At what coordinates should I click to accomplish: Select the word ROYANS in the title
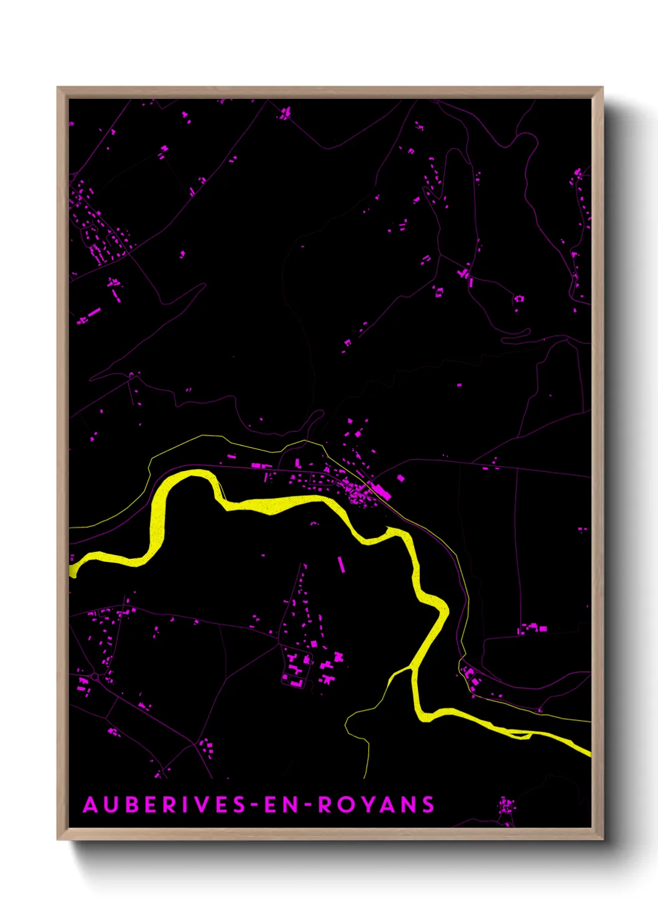tap(376, 805)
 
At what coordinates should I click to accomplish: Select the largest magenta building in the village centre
tap(381, 491)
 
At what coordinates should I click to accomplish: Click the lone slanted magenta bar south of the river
tap(341, 564)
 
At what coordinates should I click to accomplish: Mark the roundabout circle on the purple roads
tap(95, 676)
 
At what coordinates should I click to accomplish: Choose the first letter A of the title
tap(91, 805)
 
